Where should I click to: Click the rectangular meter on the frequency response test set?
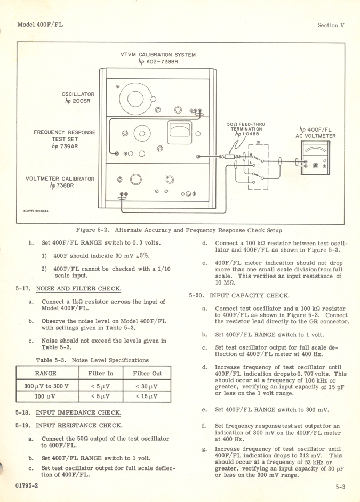[180, 131]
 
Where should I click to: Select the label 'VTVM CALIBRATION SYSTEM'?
[158, 55]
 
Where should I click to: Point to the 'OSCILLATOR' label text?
[78, 94]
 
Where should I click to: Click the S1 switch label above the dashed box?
[259, 142]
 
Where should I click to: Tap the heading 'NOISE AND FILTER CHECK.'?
[78, 289]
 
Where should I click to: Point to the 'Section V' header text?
[331, 25]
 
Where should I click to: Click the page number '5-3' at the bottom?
[340, 486]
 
